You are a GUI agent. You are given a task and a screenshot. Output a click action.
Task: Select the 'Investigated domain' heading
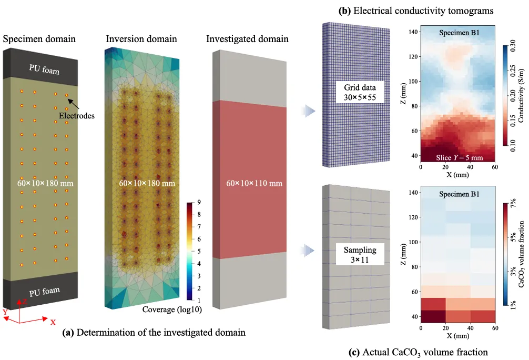[x=247, y=39]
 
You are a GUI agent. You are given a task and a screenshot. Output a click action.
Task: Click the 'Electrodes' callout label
[x=77, y=116]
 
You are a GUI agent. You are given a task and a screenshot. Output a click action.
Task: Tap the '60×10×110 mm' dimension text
[x=247, y=184]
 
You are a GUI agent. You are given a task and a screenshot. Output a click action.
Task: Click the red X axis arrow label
[x=53, y=322]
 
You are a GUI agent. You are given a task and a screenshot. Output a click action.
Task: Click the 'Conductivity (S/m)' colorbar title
[x=521, y=97]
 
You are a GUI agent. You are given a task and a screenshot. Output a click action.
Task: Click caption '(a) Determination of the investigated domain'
[x=154, y=333]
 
